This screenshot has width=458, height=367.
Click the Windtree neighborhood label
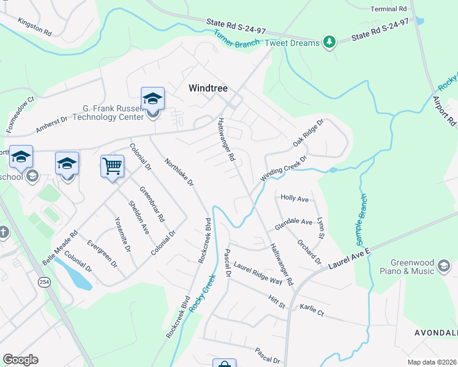207,89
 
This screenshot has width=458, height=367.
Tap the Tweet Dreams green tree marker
330,42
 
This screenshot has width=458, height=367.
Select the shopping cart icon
112,166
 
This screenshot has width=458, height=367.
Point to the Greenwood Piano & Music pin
444,265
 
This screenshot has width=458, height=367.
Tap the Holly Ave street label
294,199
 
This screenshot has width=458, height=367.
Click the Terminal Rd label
389,10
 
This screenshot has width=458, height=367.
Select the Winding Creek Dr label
282,167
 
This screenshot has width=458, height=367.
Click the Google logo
20,360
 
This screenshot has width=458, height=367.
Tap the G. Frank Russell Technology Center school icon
152,98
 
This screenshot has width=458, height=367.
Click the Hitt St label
277,301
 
